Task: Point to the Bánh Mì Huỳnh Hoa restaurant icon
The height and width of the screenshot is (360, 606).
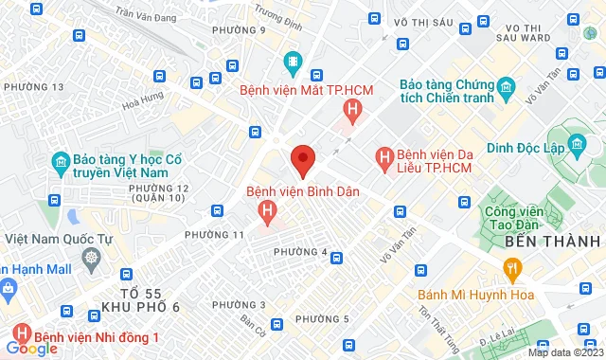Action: pyautogui.click(x=512, y=271)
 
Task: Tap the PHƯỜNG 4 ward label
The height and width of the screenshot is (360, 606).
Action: pyautogui.click(x=300, y=252)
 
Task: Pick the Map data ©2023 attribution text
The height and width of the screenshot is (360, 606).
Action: pyautogui.click(x=563, y=353)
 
